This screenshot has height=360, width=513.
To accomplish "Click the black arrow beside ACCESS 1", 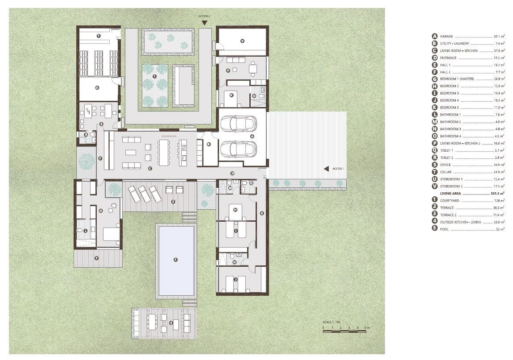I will (x=327, y=169).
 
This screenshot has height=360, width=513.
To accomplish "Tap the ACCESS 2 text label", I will (x=204, y=16).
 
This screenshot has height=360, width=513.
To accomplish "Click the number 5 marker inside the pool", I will (x=175, y=259).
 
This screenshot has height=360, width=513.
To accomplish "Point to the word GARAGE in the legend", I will (x=447, y=36).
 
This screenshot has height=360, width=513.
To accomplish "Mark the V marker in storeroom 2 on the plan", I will (x=242, y=41).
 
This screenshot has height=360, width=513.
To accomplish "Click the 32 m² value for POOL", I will (x=500, y=229).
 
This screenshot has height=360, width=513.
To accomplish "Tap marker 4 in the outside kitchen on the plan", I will (x=171, y=323).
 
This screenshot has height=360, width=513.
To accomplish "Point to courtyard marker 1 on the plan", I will (x=154, y=77).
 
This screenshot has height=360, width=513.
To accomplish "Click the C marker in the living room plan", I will (x=150, y=168).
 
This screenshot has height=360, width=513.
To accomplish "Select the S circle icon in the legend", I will (x=434, y=165).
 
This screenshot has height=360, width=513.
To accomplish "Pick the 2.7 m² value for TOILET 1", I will (x=500, y=150).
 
